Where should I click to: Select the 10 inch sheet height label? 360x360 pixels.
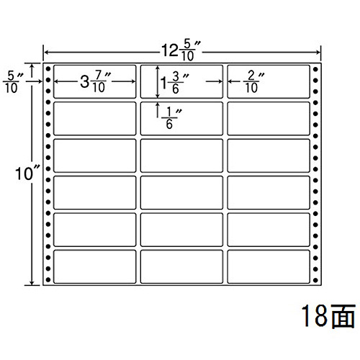click(x=27, y=174)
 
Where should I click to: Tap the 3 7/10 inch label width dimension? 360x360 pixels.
click(x=95, y=81)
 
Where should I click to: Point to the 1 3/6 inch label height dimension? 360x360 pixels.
click(x=175, y=83)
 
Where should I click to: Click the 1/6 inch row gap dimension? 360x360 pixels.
click(x=171, y=118)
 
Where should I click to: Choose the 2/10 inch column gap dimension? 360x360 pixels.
click(x=253, y=82)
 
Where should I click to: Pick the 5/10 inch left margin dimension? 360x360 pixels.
click(x=13, y=82)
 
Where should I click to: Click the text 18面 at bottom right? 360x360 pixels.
click(x=328, y=316)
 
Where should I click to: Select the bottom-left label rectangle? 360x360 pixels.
click(x=95, y=266)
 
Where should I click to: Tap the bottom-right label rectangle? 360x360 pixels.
click(x=269, y=266)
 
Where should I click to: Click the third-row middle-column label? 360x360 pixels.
click(x=181, y=156)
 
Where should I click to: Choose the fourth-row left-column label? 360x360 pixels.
click(x=95, y=193)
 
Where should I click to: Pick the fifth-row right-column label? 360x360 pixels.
click(x=269, y=230)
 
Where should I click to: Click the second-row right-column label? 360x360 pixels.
click(x=269, y=119)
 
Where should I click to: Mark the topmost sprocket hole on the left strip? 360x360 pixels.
click(x=48, y=69)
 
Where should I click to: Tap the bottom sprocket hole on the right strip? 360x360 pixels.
click(x=315, y=280)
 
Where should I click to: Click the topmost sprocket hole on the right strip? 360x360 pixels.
click(x=315, y=69)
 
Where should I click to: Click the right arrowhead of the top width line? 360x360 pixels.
click(x=318, y=52)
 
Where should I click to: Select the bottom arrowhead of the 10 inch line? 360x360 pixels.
click(x=32, y=282)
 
